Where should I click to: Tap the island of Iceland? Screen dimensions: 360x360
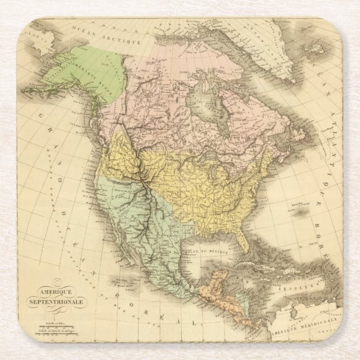point(315,50)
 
